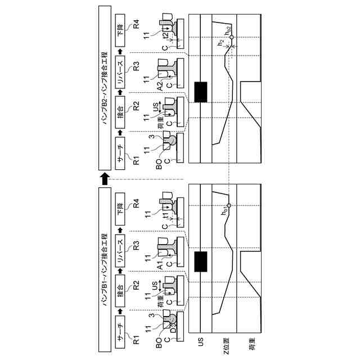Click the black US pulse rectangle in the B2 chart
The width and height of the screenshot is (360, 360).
click(x=200, y=92)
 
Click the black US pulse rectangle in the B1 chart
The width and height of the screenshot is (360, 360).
click(x=200, y=262)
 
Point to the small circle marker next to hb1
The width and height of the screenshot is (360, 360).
click(x=229, y=205)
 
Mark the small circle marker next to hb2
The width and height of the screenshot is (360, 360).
click(x=231, y=37)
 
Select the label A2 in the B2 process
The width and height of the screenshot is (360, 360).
click(x=160, y=85)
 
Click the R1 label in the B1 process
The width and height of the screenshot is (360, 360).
click(x=136, y=336)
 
